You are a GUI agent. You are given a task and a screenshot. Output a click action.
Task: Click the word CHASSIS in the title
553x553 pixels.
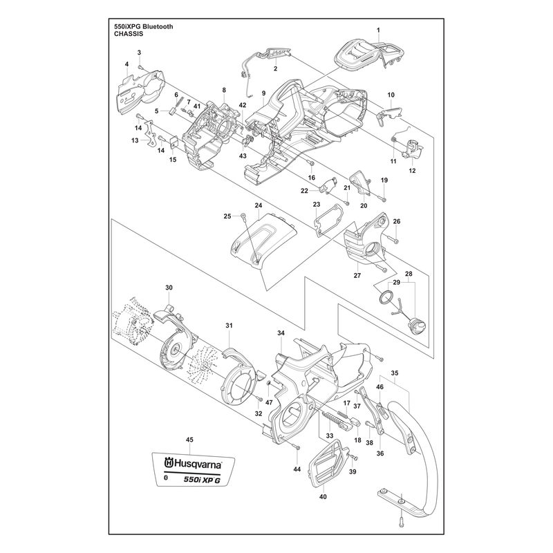click(129, 34)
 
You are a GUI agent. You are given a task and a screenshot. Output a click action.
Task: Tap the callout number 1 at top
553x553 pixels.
click(378, 30)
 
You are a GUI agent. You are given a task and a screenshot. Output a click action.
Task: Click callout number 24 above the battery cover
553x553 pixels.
click(259, 205)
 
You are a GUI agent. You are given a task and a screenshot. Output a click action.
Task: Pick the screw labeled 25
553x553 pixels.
click(243, 216)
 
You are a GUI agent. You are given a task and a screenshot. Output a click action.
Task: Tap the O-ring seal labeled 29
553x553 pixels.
click(386, 297)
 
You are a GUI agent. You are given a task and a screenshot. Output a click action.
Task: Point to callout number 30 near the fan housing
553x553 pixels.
click(169, 288)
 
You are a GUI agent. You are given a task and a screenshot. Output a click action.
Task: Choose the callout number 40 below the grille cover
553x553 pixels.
click(323, 496)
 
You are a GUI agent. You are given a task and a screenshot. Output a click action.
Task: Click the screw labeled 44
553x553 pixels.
click(297, 447)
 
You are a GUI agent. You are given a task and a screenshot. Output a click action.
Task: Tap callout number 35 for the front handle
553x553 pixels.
click(395, 373)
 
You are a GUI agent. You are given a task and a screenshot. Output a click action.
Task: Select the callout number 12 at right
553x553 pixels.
click(412, 171)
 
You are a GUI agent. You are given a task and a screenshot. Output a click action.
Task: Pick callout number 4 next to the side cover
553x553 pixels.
click(126, 64)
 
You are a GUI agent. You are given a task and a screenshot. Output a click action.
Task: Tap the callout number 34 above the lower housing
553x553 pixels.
click(281, 333)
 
